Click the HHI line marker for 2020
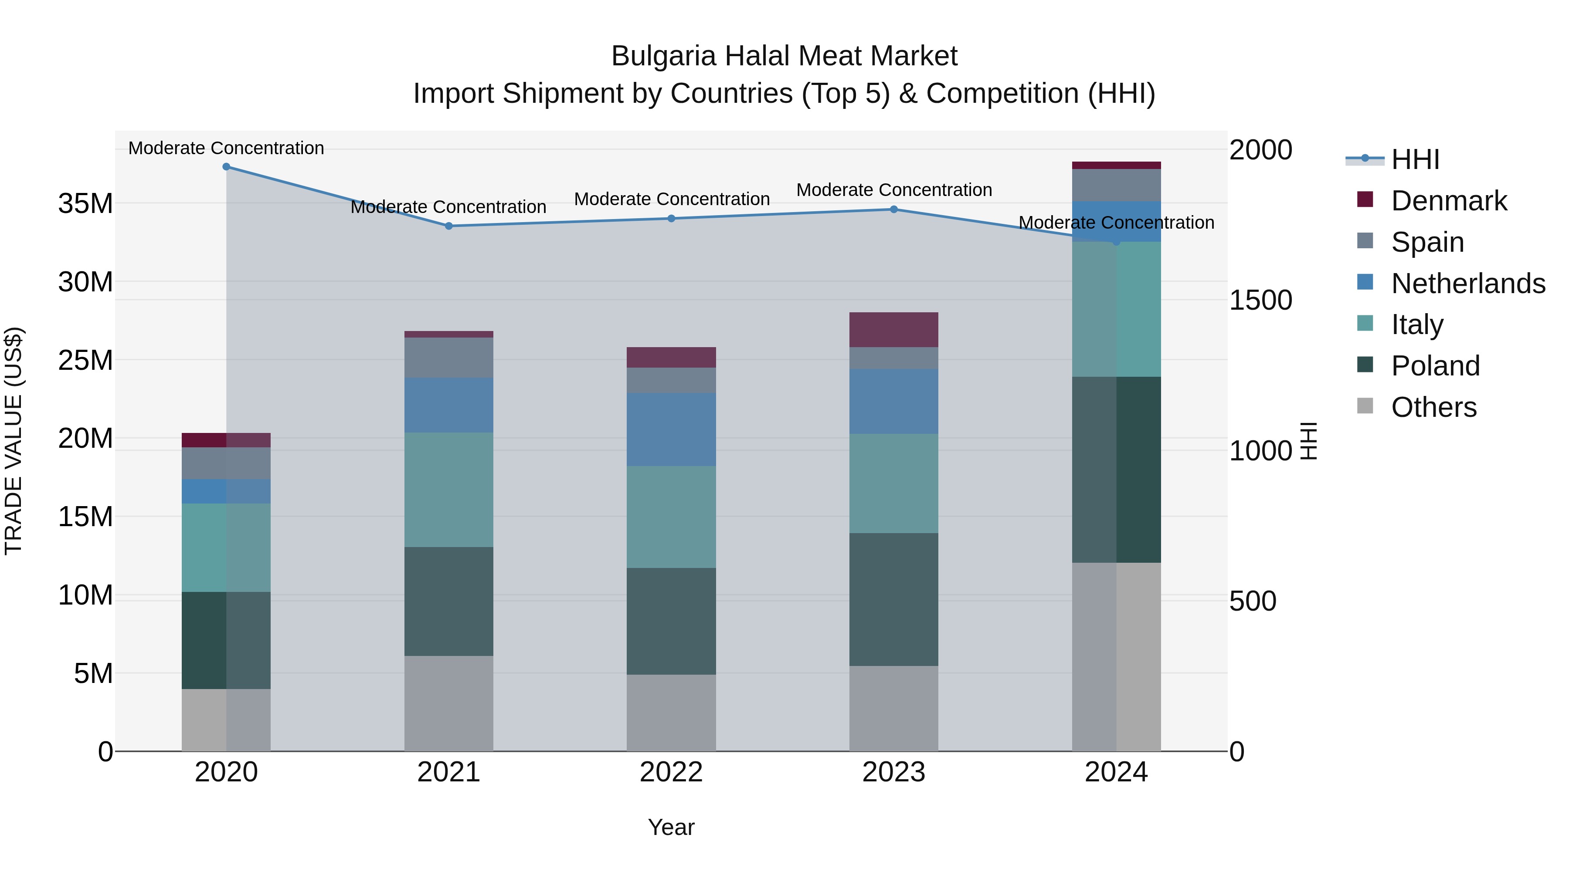point(226,167)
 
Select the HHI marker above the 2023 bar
point(893,210)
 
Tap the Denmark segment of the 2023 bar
point(893,330)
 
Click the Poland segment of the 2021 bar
point(448,602)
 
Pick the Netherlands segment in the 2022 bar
point(671,430)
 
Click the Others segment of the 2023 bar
point(893,709)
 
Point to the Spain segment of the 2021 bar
point(448,357)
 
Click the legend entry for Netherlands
point(1467,284)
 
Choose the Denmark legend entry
point(1448,201)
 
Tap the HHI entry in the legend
point(1415,159)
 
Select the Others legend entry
point(1433,407)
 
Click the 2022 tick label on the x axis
point(671,772)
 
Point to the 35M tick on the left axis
point(85,203)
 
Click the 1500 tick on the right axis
point(1260,300)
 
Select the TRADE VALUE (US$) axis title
point(14,441)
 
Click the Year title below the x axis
point(671,827)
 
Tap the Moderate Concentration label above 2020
point(226,148)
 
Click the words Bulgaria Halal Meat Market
point(784,56)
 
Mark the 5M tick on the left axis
point(93,673)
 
